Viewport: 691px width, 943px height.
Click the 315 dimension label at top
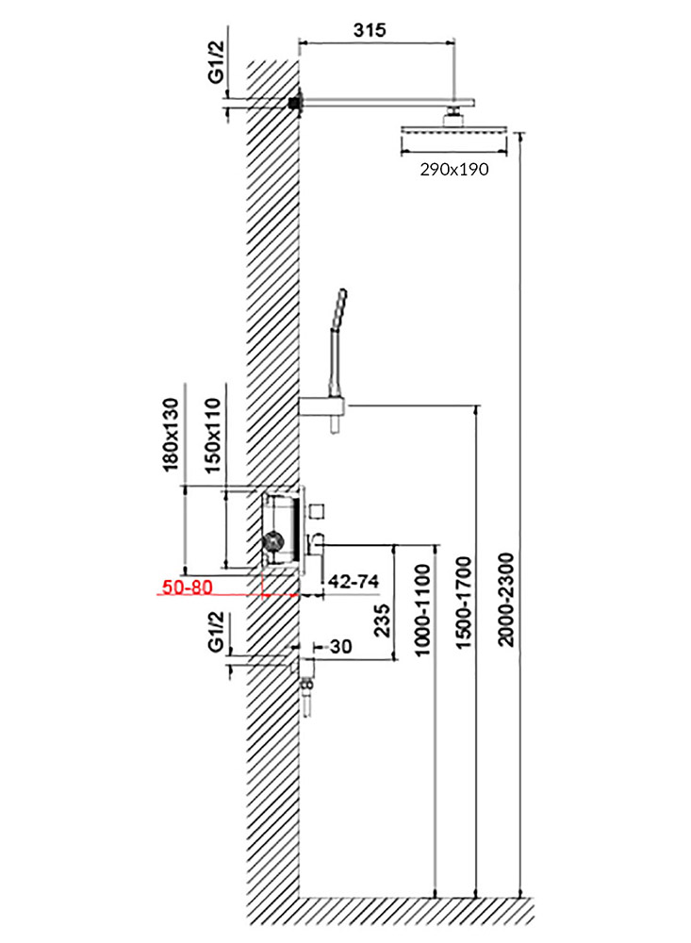[369, 29]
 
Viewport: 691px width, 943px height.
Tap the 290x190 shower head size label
[454, 170]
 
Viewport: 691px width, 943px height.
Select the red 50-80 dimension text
[188, 587]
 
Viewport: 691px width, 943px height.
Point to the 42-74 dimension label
[354, 582]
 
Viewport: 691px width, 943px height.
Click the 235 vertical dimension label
[382, 620]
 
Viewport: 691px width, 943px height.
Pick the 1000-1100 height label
[422, 609]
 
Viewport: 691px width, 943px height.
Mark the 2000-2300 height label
[507, 600]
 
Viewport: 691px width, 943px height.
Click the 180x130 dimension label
[172, 434]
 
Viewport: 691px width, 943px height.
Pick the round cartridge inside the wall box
[273, 540]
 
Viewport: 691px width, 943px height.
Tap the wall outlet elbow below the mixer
[306, 667]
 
